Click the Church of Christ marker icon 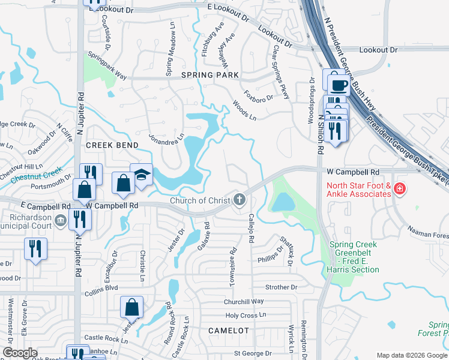(x=240, y=200)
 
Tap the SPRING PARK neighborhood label (x=210, y=75)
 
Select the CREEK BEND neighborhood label (x=112, y=145)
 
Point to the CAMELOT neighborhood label (x=228, y=331)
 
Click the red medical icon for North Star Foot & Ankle (x=400, y=190)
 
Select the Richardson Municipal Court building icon (x=60, y=221)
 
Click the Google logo (x=19, y=353)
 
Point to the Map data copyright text (x=411, y=355)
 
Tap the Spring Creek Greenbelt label (x=354, y=257)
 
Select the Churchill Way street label (x=244, y=301)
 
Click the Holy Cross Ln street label (x=245, y=316)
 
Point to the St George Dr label (x=253, y=353)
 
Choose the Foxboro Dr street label (x=258, y=95)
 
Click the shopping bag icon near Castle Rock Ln (x=131, y=308)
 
